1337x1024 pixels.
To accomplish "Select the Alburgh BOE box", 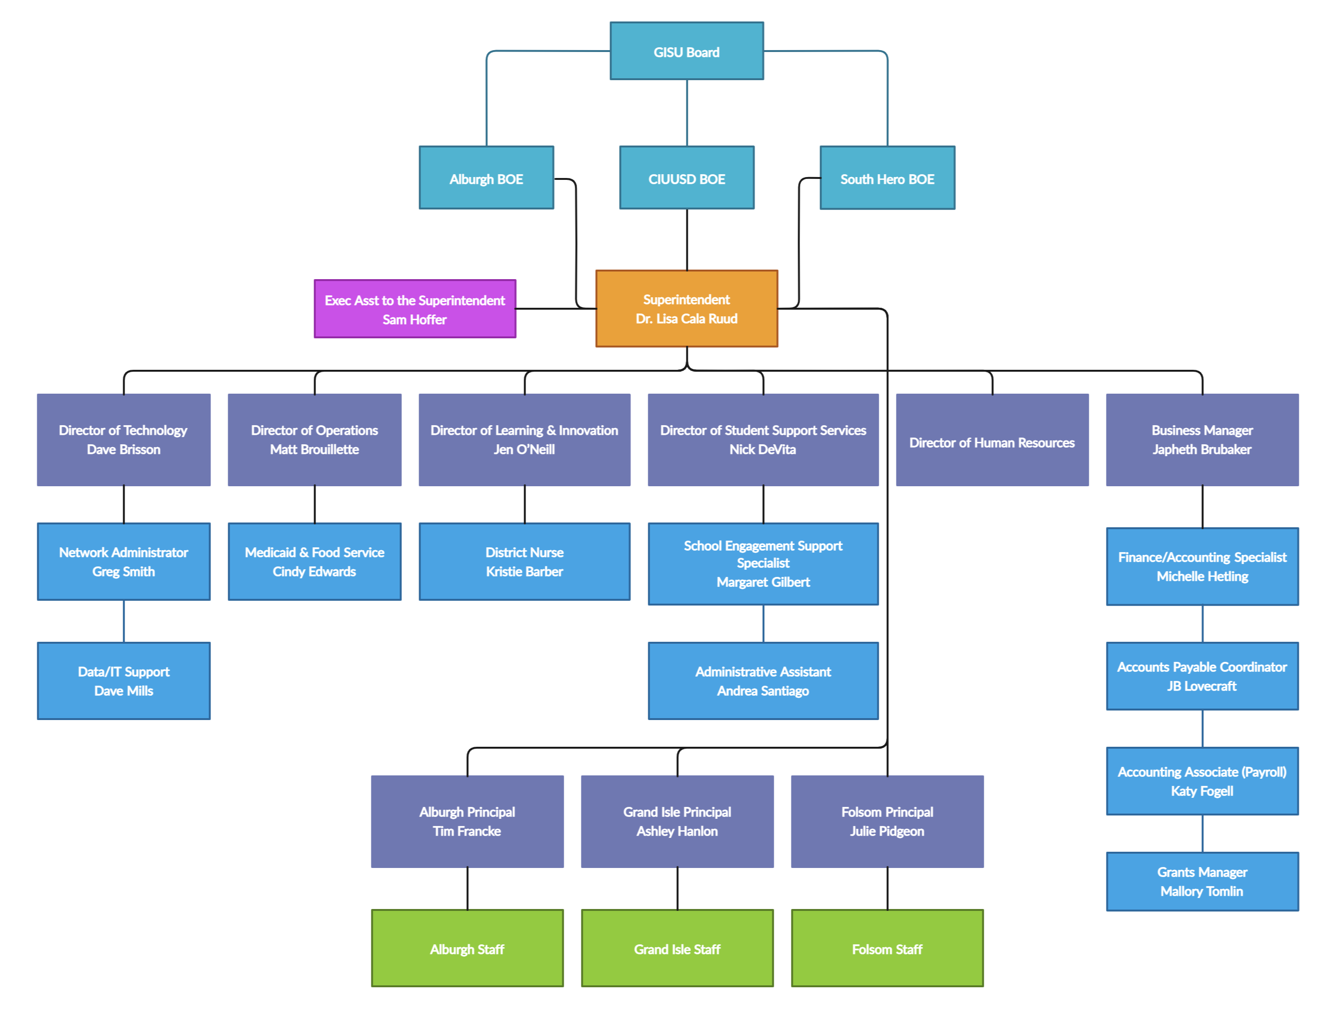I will tap(486, 178).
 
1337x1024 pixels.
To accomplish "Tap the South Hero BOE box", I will tap(887, 178).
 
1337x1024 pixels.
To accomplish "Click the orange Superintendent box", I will tap(686, 308).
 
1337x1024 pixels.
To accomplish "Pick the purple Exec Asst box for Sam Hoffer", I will tap(415, 309).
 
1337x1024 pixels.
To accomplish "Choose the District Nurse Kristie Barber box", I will tap(524, 561).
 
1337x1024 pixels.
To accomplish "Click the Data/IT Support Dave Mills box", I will tap(124, 681).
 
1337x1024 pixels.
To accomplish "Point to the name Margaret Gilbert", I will tap(763, 582).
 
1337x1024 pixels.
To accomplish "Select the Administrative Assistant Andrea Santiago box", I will tap(763, 681).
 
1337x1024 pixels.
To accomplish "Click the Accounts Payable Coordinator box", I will tap(1201, 676).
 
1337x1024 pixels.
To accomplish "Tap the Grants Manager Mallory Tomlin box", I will tap(1201, 881).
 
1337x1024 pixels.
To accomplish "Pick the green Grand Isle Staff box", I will tap(677, 949).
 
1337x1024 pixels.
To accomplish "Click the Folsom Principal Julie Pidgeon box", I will tap(887, 821).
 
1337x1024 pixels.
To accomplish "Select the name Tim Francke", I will tap(467, 831).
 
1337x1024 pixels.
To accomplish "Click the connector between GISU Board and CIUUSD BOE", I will tap(687, 113).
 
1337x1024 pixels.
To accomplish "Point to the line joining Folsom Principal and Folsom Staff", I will tap(887, 888).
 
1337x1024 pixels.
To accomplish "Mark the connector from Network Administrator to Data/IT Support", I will tap(124, 621).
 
